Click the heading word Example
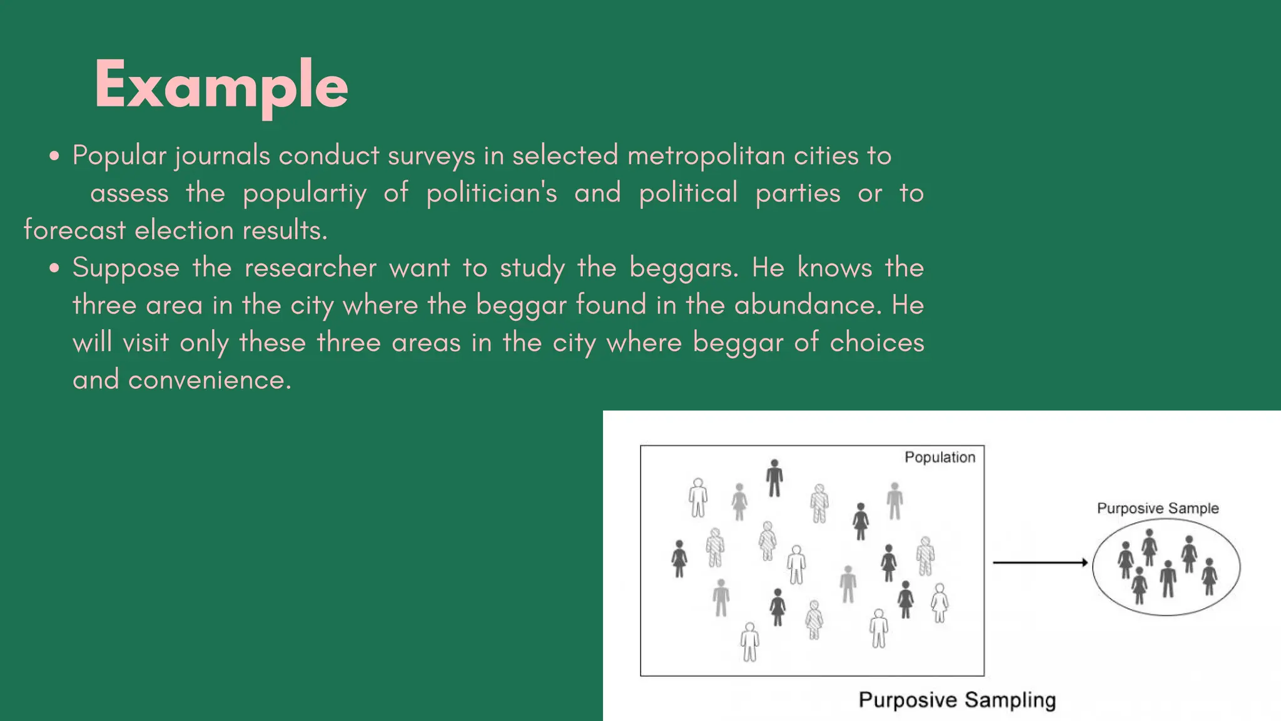(221, 86)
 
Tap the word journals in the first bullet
(223, 156)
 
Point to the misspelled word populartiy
(305, 193)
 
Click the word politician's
(492, 193)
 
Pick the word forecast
(74, 230)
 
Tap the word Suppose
(126, 268)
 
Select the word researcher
(310, 268)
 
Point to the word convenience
(210, 380)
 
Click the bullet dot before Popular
(55, 156)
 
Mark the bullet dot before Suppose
(55, 268)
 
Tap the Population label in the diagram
(939, 458)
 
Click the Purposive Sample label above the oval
(1158, 508)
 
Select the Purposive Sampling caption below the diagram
(957, 700)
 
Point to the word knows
(834, 268)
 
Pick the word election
(184, 230)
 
